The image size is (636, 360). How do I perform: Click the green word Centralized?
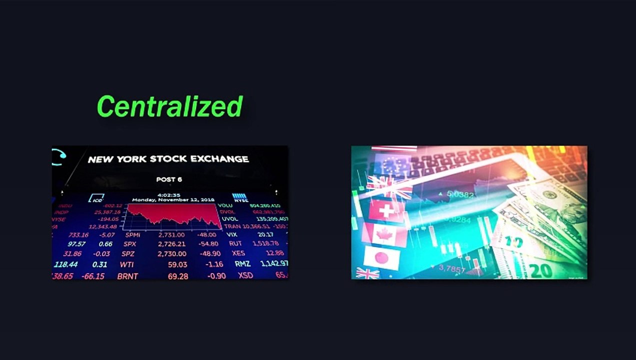click(x=169, y=106)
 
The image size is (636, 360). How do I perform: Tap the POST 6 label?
click(x=169, y=179)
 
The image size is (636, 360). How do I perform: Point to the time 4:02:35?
click(x=168, y=195)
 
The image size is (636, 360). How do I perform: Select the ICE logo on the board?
click(x=96, y=198)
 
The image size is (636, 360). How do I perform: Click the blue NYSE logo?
click(x=240, y=198)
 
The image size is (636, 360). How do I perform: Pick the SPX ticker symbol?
click(x=129, y=244)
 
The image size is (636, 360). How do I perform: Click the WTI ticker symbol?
click(x=127, y=264)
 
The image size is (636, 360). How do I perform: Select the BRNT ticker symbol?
click(x=127, y=276)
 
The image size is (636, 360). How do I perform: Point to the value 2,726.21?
click(x=172, y=244)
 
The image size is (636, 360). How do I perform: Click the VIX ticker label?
click(x=231, y=234)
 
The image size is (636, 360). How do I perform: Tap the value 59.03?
click(x=177, y=264)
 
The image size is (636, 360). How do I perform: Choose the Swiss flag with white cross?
click(x=386, y=211)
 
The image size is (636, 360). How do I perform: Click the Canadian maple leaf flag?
click(x=384, y=234)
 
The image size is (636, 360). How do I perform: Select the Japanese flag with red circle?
click(x=381, y=258)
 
